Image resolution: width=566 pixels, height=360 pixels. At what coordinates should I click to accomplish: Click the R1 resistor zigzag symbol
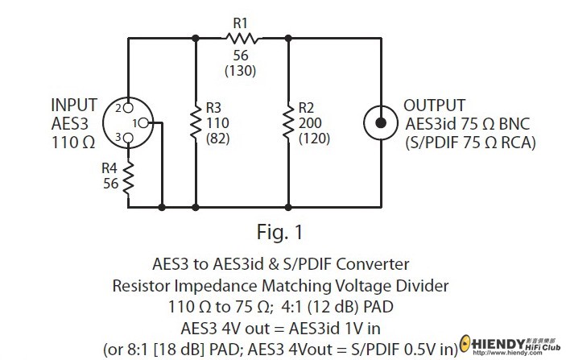coord(241,37)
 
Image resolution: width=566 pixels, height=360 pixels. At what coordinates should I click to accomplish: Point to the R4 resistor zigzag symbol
coord(128,178)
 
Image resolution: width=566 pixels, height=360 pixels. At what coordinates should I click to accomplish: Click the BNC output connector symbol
coord(379,122)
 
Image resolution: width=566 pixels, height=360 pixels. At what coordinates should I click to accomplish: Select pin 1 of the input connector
coord(148,122)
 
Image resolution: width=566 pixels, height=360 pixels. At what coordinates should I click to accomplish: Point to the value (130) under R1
coord(241,70)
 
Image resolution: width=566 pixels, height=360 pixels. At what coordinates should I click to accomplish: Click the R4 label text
coord(109,168)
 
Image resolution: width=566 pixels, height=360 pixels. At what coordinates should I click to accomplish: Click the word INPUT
coord(74,106)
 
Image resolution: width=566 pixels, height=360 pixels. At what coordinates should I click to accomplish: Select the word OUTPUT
coord(434,106)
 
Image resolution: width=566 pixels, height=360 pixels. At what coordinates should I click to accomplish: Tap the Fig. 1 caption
coord(279,234)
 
